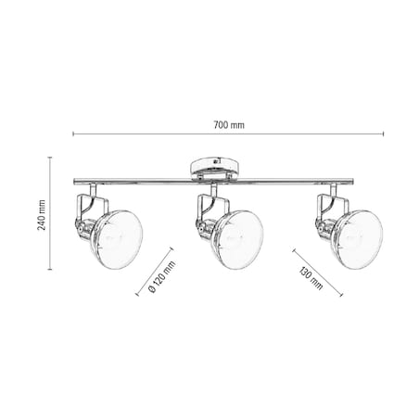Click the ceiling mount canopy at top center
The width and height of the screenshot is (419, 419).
213,169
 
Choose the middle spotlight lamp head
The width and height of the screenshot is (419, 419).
232,238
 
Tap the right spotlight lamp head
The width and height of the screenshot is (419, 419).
357,238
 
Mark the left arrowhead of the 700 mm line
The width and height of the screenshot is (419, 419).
74,134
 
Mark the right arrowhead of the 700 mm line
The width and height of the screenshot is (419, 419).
382,134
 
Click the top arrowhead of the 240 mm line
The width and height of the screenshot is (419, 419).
52,159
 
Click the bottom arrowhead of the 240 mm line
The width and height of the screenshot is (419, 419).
52,273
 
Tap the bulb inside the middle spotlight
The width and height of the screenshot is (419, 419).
232,239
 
